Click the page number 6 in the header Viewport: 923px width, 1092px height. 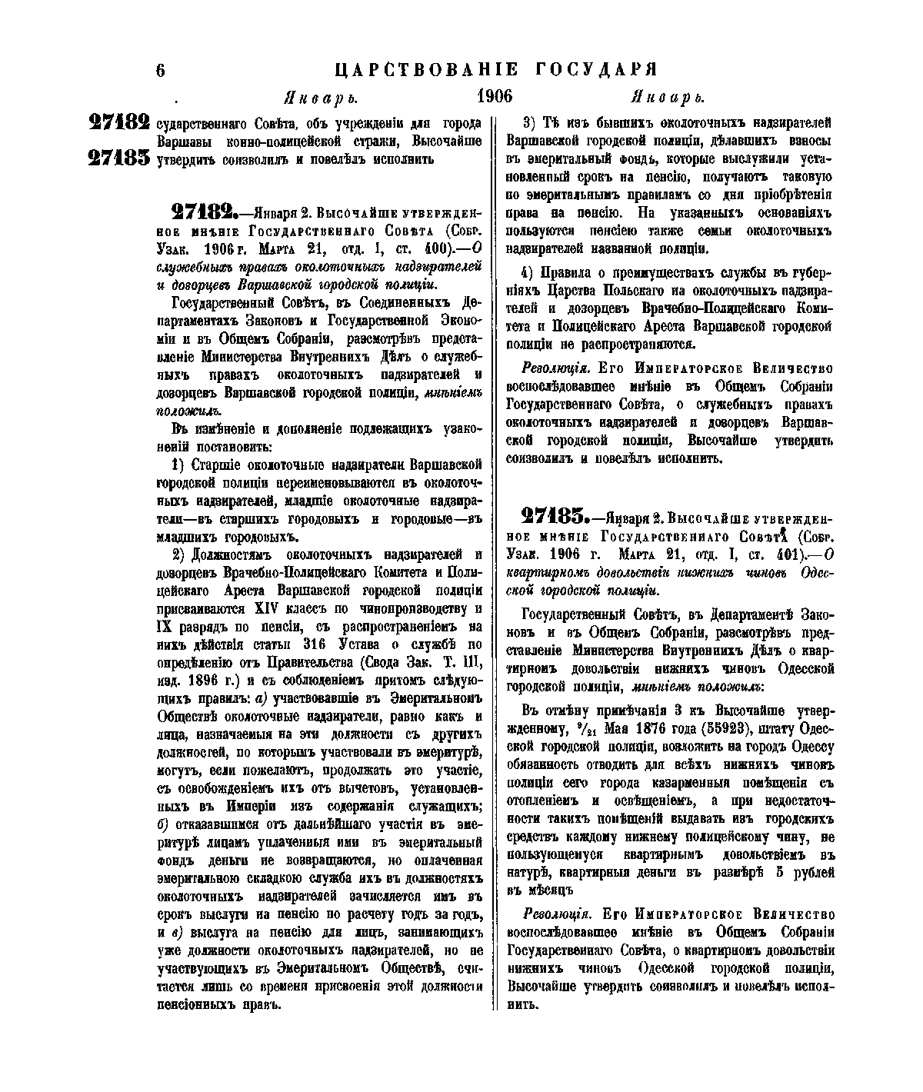pos(161,70)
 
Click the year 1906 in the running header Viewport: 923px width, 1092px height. pos(495,97)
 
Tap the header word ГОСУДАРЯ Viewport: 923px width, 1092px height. pos(596,70)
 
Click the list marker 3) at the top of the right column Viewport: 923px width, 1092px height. pos(529,123)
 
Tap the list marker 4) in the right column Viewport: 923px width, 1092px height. pos(529,273)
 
